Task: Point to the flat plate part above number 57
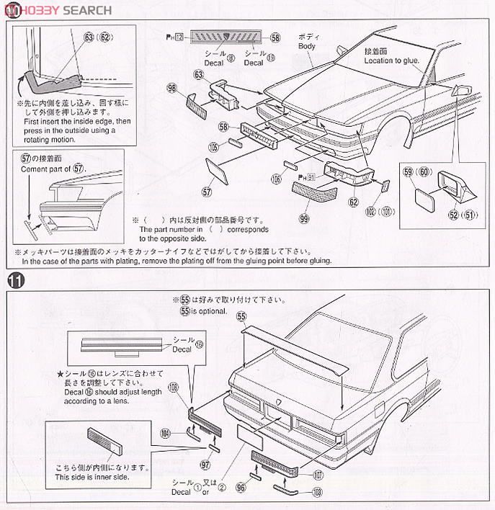(x=217, y=171)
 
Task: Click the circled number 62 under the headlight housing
(x=353, y=203)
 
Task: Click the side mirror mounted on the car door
(x=461, y=91)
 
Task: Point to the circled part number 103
(x=318, y=493)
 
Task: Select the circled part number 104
(x=166, y=433)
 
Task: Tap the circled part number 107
(x=318, y=475)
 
